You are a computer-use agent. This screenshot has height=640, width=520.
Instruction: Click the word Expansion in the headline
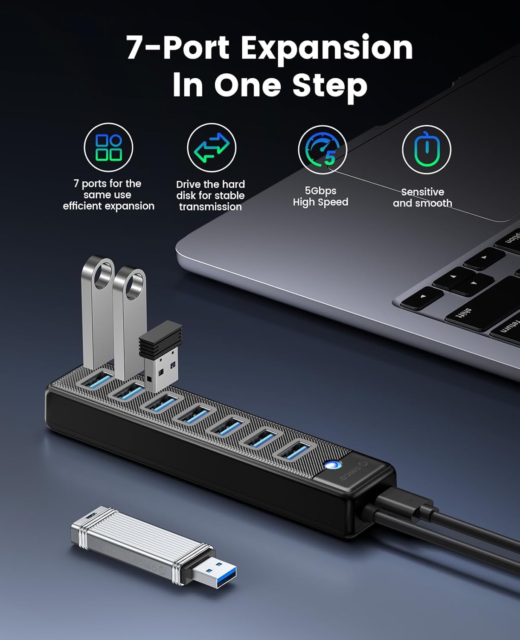point(327,49)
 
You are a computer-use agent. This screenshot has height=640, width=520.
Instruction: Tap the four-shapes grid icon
point(108,147)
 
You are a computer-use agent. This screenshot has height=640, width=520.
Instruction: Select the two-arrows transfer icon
point(212,148)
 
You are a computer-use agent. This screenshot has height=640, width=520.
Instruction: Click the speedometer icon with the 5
point(323,150)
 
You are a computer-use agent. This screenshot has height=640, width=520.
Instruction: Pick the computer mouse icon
point(427,149)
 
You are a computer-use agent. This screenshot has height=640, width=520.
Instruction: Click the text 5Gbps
point(320,190)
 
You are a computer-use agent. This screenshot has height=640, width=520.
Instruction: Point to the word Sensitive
point(423,192)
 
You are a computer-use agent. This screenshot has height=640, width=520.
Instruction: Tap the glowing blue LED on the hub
point(333,465)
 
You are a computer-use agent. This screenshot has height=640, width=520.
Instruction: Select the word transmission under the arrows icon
point(210,207)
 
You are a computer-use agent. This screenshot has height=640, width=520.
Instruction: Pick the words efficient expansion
point(108,206)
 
